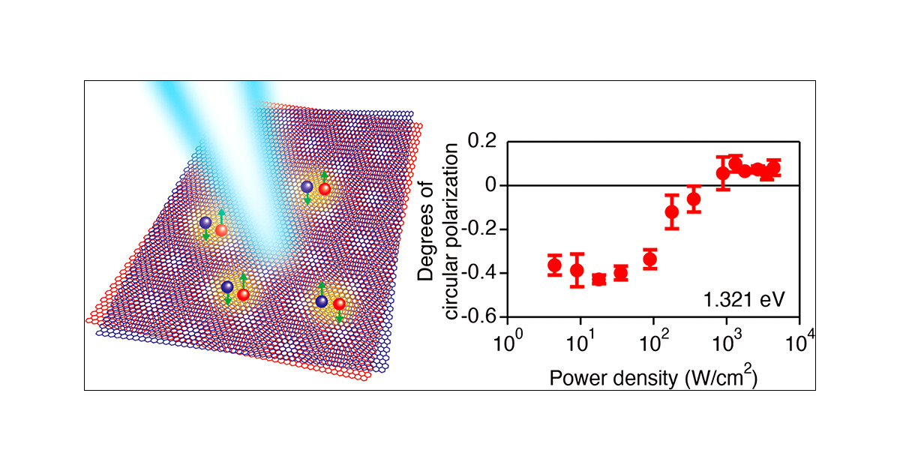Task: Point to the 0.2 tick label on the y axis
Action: tap(483, 141)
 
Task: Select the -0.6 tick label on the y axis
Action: tap(480, 316)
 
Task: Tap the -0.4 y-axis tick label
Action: tap(480, 273)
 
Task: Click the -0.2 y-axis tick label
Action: tap(480, 229)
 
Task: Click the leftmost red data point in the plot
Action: tap(555, 265)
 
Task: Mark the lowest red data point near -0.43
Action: tap(598, 280)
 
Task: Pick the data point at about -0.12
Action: tap(672, 211)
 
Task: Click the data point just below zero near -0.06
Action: tap(694, 199)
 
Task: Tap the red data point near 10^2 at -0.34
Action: tap(650, 259)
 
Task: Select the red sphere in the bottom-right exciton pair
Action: tap(340, 304)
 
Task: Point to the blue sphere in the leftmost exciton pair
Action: tap(205, 223)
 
